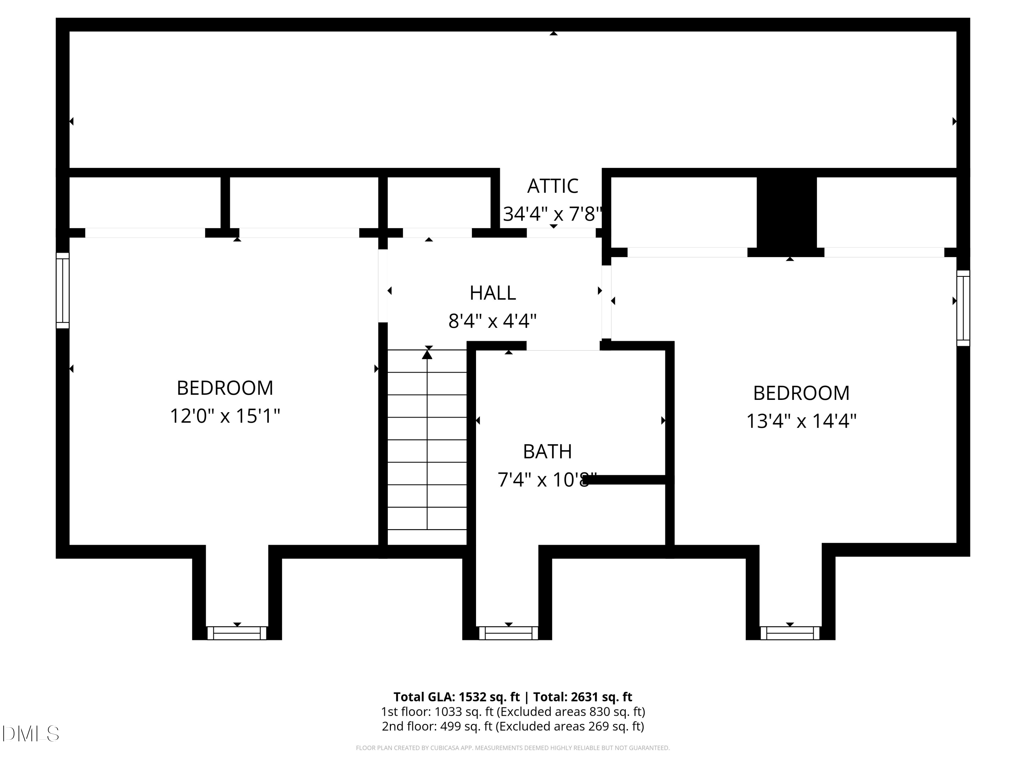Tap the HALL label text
(x=492, y=293)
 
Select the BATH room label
(x=547, y=451)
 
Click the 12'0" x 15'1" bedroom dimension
(x=225, y=416)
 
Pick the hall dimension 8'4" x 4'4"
(x=492, y=321)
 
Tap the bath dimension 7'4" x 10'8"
(x=547, y=480)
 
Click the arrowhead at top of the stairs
(x=427, y=355)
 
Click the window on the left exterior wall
(x=63, y=291)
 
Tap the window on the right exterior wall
(x=963, y=308)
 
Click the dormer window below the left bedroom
(x=237, y=633)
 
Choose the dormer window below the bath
(x=508, y=633)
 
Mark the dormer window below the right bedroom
(x=790, y=633)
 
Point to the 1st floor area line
(x=513, y=712)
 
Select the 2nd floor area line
(x=513, y=726)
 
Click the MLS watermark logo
(x=31, y=734)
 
